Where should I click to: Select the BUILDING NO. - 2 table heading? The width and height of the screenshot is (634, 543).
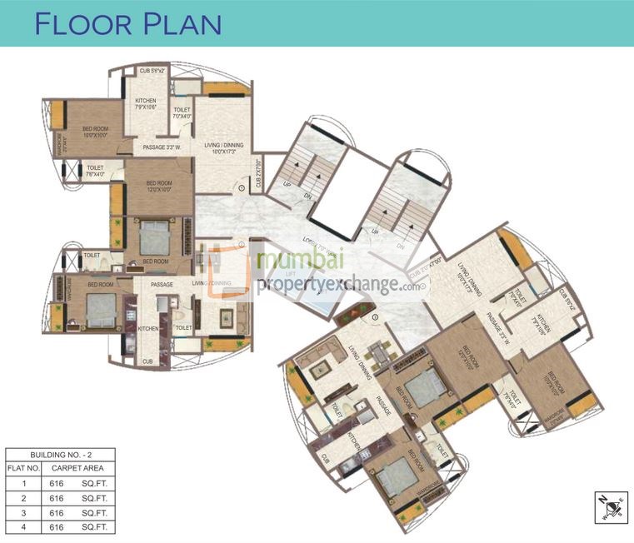(60, 455)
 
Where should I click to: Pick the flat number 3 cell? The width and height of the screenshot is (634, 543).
(25, 512)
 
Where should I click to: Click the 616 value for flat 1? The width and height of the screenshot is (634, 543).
(57, 482)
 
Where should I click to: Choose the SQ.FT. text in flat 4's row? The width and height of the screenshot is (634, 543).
(93, 527)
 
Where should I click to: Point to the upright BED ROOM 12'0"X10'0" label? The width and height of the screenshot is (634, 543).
(158, 185)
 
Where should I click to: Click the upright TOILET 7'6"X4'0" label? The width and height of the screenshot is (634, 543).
(95, 172)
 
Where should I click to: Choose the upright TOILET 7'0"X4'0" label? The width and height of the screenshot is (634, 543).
(182, 113)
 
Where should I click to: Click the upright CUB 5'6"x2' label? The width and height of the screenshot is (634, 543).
(152, 72)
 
